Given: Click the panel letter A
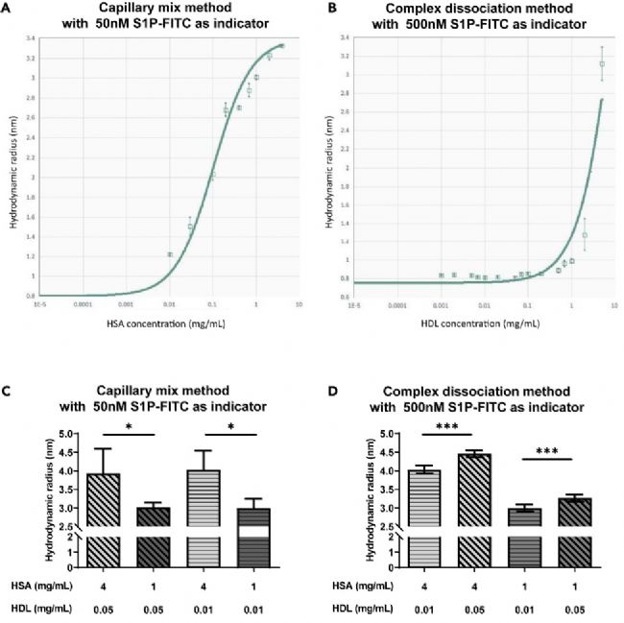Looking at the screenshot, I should coord(8,8).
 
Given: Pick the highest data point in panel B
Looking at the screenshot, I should coord(602,64).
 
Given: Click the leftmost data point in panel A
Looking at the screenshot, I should coord(170,254).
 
